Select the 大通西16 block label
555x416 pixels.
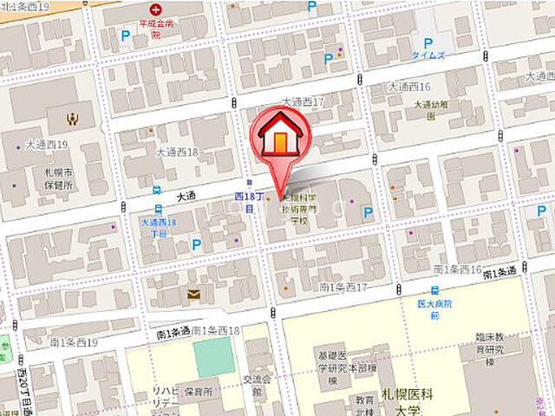(x=408, y=87)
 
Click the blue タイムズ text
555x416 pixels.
(x=428, y=55)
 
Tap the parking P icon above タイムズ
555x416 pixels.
(x=427, y=42)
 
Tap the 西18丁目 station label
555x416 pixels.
(x=245, y=203)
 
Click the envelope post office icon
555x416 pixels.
(x=193, y=295)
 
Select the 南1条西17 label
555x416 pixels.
(x=345, y=287)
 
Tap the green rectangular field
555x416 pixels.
(x=214, y=357)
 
